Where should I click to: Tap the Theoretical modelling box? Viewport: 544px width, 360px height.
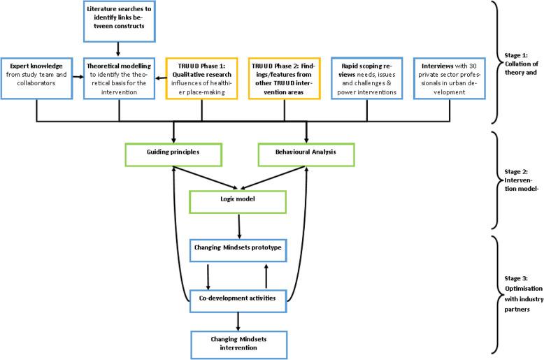(x=120, y=78)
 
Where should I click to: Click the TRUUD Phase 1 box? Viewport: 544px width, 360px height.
(x=202, y=78)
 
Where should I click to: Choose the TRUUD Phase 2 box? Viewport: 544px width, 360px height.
(x=285, y=78)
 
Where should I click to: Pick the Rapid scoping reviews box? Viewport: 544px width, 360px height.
(x=367, y=78)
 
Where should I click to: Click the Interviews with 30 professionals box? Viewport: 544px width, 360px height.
(x=450, y=78)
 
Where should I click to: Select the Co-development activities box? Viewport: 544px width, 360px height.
(x=240, y=298)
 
